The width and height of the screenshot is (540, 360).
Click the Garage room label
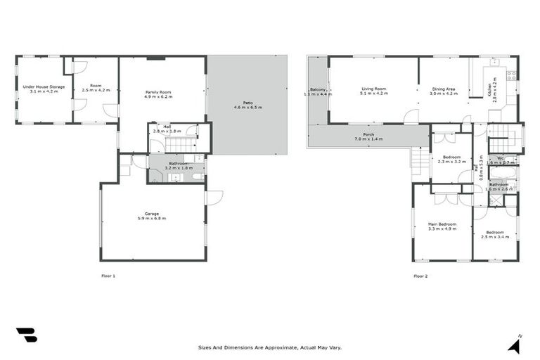tap(152, 214)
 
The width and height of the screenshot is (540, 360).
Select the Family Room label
tap(158, 93)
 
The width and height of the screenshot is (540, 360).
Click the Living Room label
tap(373, 89)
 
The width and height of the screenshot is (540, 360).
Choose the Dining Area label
tap(444, 89)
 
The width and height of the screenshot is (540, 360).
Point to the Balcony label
tap(316, 90)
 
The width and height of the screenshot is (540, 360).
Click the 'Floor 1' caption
tap(108, 276)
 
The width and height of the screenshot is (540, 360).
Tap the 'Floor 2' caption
tap(420, 276)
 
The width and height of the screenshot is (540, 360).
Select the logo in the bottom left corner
tap(26, 335)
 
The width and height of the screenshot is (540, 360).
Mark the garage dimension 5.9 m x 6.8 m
tap(152, 217)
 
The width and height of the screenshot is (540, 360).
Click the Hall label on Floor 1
tap(167, 127)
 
